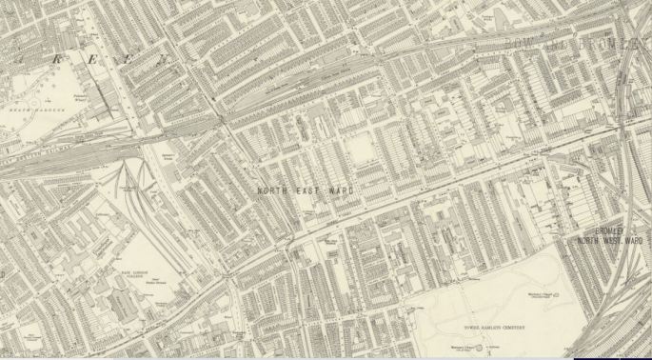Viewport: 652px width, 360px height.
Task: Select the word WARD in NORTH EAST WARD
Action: (340, 191)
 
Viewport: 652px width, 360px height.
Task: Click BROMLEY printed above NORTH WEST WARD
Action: (609, 230)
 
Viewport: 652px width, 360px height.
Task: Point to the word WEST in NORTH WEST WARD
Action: (612, 241)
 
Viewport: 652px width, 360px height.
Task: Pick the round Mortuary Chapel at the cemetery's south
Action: (464, 350)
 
